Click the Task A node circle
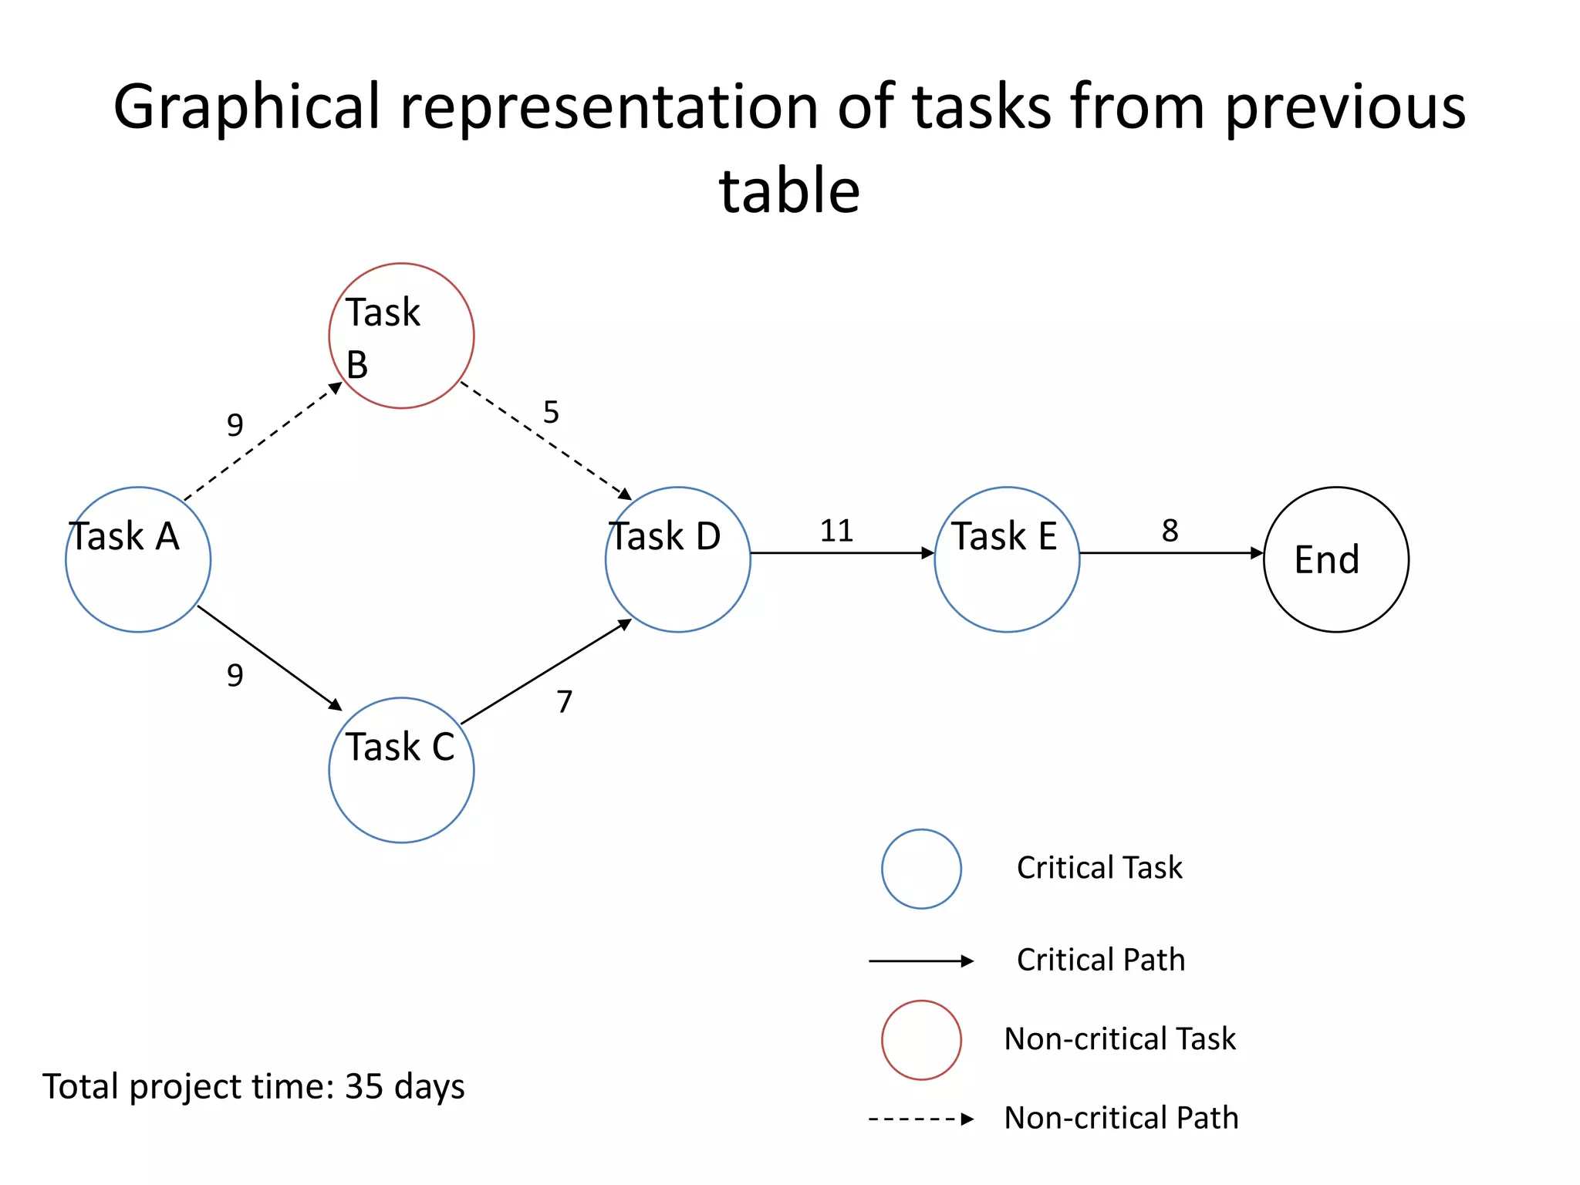point(138,559)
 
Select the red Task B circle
point(401,336)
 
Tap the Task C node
point(401,770)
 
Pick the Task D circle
point(677,559)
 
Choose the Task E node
point(1007,559)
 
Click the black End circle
point(1336,559)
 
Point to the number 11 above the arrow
point(836,531)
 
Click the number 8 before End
point(1170,531)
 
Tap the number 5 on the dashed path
point(551,412)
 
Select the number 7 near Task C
point(565,702)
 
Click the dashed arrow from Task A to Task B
point(262,441)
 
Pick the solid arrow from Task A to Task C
point(269,657)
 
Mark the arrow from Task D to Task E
point(842,553)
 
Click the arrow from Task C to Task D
point(545,672)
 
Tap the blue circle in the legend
point(921,869)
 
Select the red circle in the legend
point(921,1040)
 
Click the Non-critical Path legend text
point(1121,1118)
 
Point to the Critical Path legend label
point(1101,960)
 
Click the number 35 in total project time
point(364,1086)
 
